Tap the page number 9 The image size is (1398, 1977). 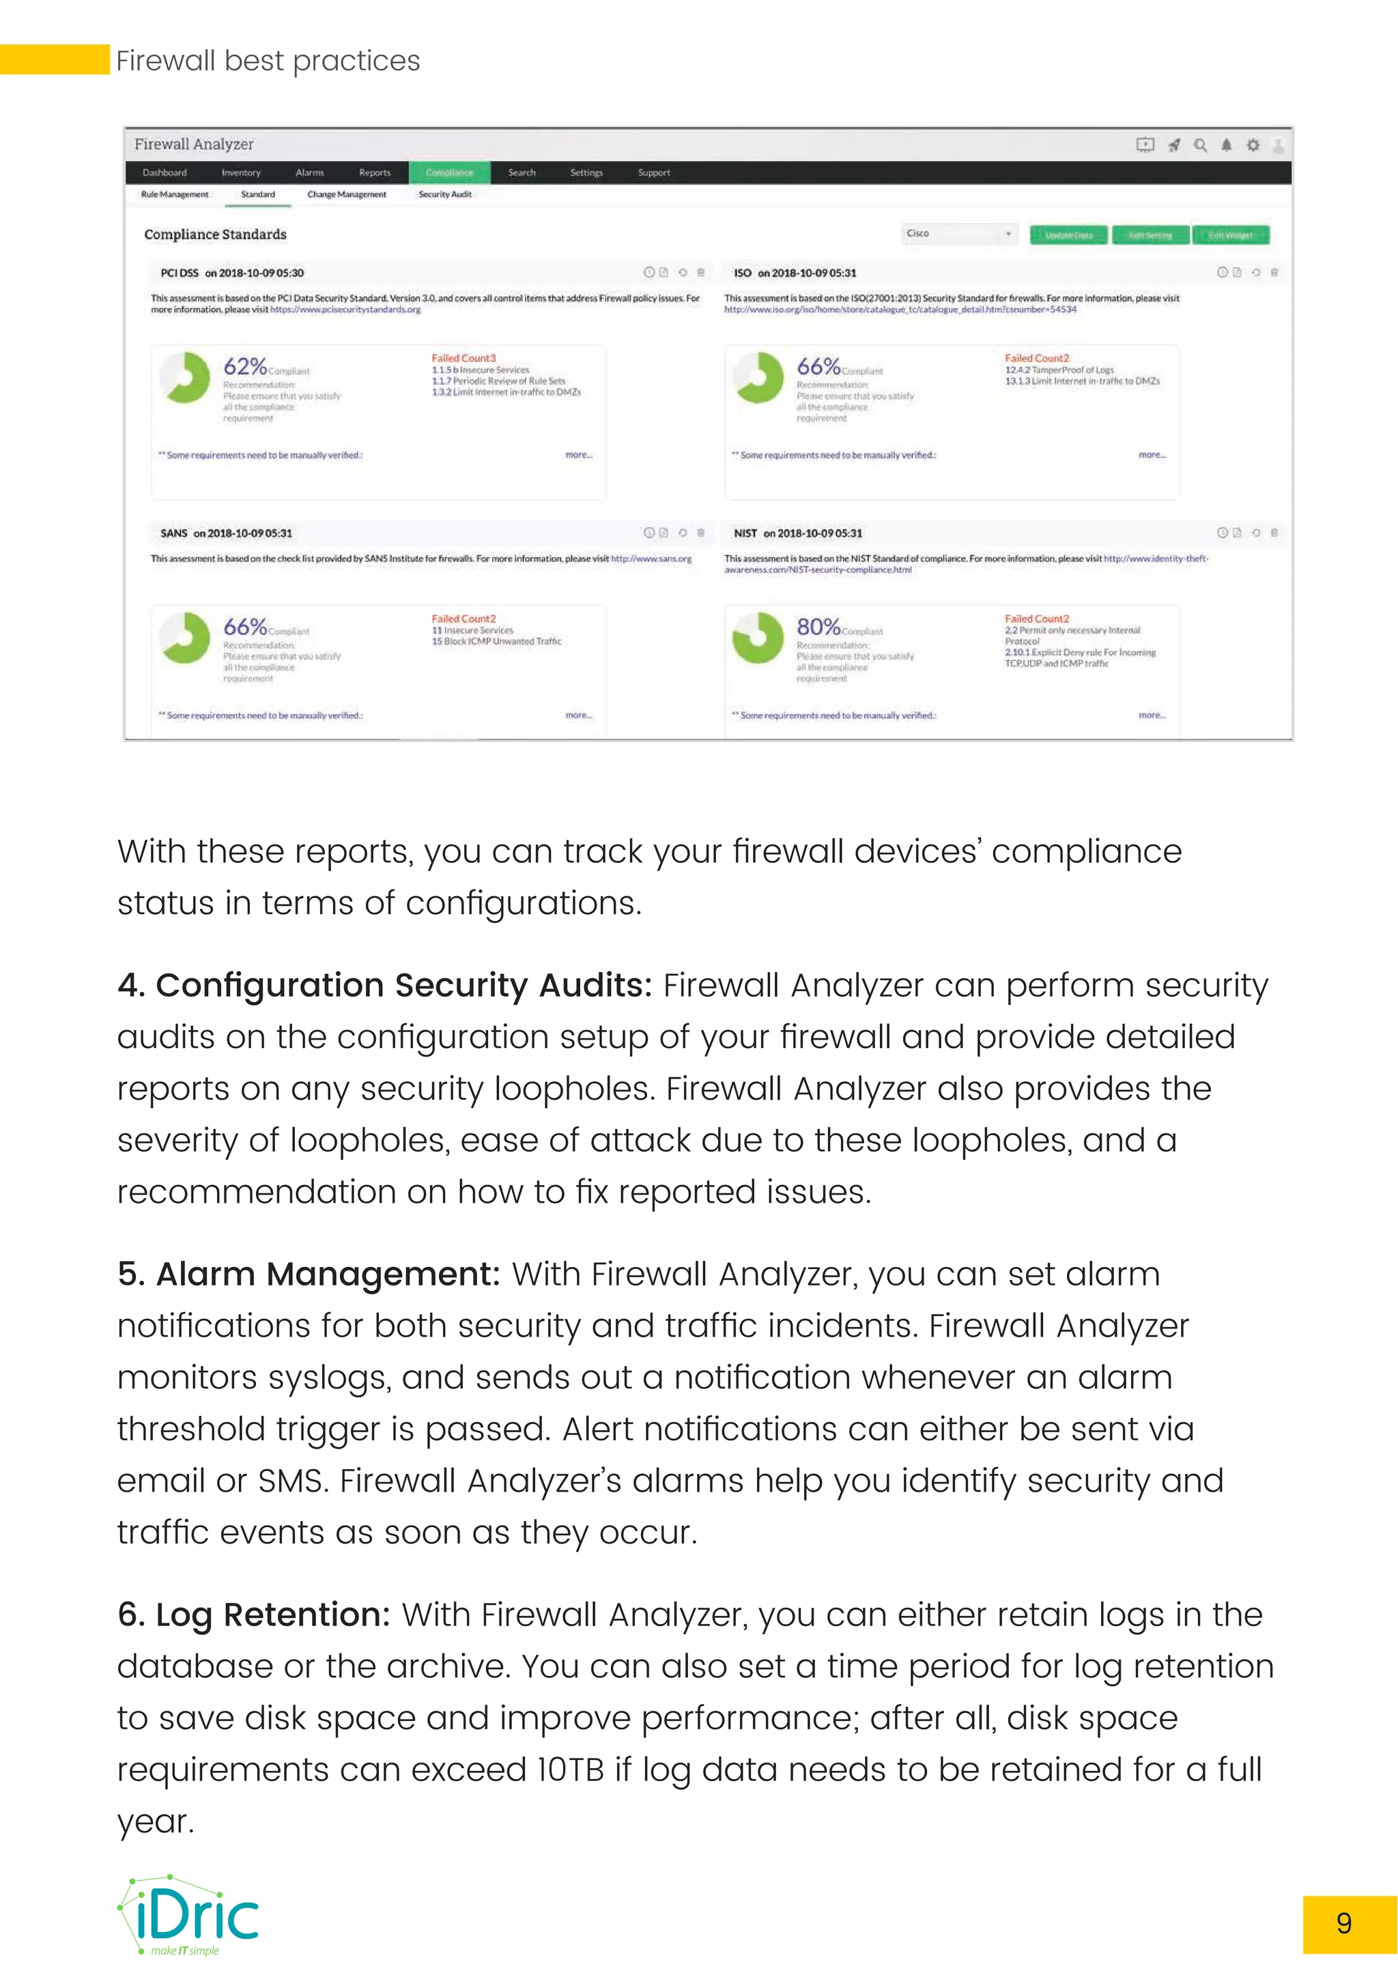click(x=1344, y=1923)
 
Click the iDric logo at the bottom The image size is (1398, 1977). click(x=189, y=1916)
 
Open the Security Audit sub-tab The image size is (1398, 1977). click(x=445, y=195)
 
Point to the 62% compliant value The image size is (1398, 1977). click(x=245, y=366)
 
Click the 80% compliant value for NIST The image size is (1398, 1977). click(x=818, y=626)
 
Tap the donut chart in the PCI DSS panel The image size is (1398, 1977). click(x=185, y=377)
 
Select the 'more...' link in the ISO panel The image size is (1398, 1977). click(x=1152, y=455)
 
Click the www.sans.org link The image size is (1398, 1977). click(x=652, y=559)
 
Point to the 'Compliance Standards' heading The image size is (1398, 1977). click(x=215, y=234)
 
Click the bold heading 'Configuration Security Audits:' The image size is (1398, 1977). click(x=385, y=985)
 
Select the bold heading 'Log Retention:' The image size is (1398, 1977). click(x=254, y=1615)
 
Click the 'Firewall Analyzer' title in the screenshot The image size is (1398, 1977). click(x=194, y=145)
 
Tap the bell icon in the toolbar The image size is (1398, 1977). click(x=1226, y=145)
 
